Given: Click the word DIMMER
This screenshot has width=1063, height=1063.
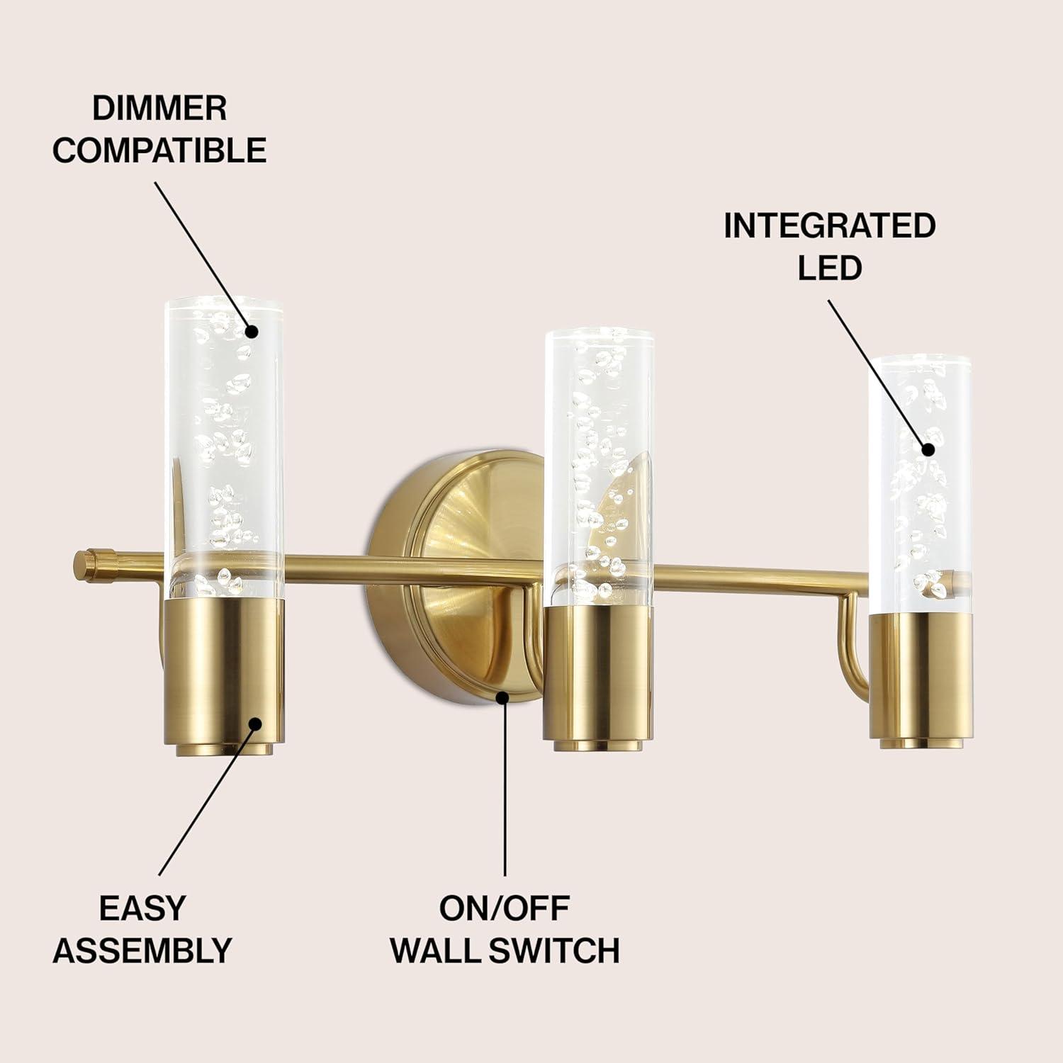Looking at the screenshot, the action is pyautogui.click(x=159, y=108).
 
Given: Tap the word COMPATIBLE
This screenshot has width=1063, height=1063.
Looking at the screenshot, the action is pyautogui.click(x=159, y=150).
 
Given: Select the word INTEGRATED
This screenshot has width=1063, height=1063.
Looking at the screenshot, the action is pyautogui.click(x=830, y=225).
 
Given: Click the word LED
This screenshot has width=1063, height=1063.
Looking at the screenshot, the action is pyautogui.click(x=830, y=267).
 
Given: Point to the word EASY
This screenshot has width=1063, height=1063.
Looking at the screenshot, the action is pyautogui.click(x=142, y=908).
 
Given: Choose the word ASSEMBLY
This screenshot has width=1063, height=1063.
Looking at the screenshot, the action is pyautogui.click(x=142, y=950).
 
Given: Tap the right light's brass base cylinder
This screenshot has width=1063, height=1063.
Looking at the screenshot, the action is pyautogui.click(x=922, y=680).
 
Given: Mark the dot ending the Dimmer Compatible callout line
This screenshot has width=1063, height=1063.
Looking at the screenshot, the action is pyautogui.click(x=252, y=330).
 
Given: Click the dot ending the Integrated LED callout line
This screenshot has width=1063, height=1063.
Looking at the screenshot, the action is pyautogui.click(x=928, y=448).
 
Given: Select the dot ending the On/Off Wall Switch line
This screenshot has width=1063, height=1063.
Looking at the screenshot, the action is pyautogui.click(x=504, y=697).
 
